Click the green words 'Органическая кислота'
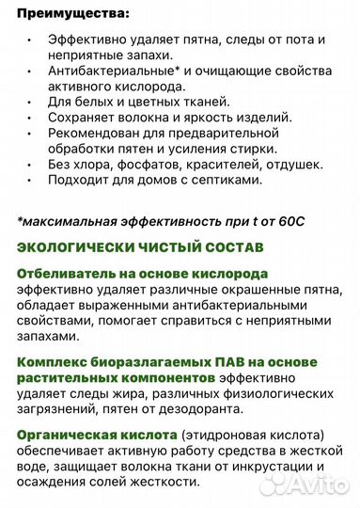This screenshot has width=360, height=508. pos(96,436)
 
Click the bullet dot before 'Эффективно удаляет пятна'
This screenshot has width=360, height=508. pos(30,41)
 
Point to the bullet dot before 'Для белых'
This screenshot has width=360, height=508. pos(30,102)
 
